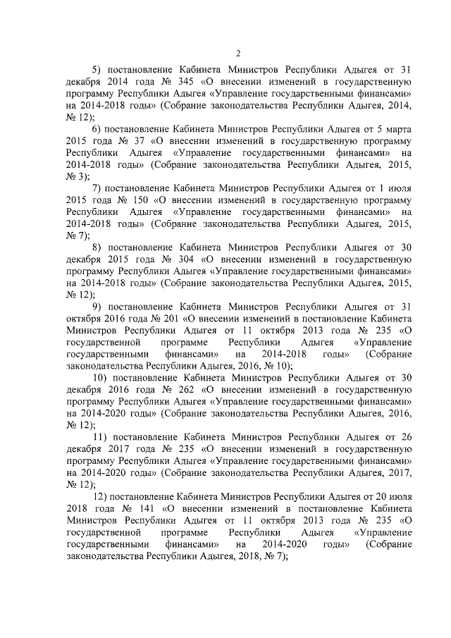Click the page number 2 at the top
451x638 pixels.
point(238,54)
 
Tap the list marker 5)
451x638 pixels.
point(98,70)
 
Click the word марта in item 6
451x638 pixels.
point(400,130)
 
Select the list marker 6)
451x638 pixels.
point(98,130)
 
